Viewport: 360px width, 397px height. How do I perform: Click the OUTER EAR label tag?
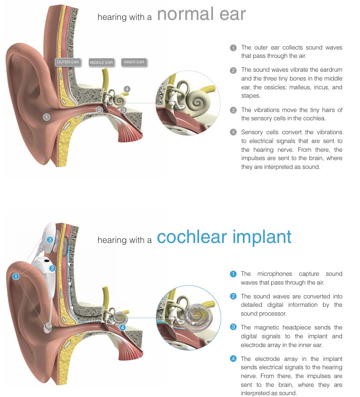(68, 62)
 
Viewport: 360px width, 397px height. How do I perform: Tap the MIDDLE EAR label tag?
(101, 62)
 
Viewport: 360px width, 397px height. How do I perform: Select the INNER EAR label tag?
(134, 62)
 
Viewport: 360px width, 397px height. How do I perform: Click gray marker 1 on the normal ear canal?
(46, 117)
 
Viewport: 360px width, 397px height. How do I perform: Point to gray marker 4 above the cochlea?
(127, 88)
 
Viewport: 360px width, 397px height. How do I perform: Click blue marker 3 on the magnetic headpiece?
(50, 240)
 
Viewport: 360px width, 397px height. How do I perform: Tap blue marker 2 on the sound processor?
(53, 268)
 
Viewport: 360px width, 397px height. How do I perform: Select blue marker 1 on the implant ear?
(16, 276)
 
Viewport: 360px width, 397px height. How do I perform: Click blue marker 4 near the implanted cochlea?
(122, 327)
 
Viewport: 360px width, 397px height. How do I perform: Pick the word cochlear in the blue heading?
(192, 237)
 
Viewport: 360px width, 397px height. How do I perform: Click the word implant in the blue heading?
(262, 237)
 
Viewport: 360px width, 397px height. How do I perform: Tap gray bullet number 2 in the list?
(233, 70)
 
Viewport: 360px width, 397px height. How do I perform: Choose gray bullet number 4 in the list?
(233, 132)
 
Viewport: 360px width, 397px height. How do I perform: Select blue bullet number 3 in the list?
(233, 328)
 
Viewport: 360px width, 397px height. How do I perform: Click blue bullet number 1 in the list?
(233, 274)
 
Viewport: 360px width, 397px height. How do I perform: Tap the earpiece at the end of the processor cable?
(47, 328)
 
